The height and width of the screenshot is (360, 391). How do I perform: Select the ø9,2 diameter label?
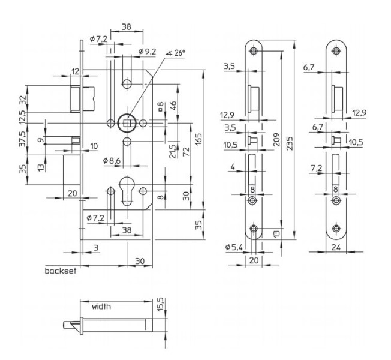(147, 52)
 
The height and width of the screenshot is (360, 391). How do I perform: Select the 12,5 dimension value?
(22, 116)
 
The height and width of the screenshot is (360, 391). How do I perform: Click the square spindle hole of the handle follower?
(126, 123)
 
